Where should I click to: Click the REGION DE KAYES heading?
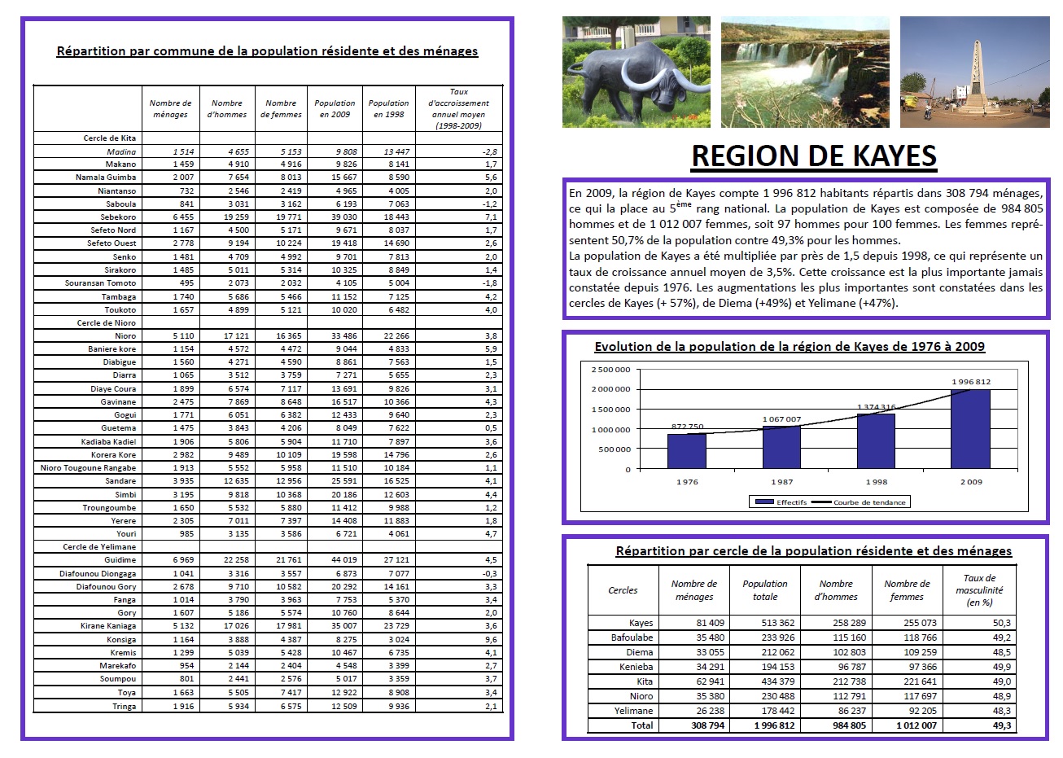[x=813, y=156]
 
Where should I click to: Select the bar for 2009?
[x=971, y=429]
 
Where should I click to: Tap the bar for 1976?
[x=686, y=451]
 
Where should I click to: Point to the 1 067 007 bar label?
[x=781, y=419]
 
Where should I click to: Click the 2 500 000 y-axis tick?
[x=610, y=370]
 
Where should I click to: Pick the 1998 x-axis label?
[x=876, y=482]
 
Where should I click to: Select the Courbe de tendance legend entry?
[x=868, y=502]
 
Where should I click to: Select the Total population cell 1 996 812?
[x=774, y=725]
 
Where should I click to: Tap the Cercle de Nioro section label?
[x=107, y=323]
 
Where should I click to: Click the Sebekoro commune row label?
[x=118, y=217]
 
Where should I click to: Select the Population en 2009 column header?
[x=335, y=109]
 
